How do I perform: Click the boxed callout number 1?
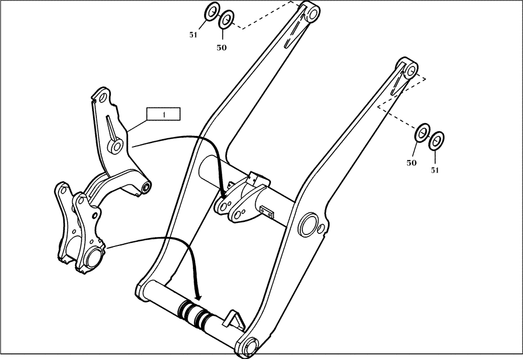coord(163,114)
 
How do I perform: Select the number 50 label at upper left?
coord(222,47)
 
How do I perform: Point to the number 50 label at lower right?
coord(412,163)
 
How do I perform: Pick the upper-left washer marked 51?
coord(211,11)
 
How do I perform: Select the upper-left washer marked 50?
coord(226,19)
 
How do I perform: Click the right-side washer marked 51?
coord(436,140)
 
